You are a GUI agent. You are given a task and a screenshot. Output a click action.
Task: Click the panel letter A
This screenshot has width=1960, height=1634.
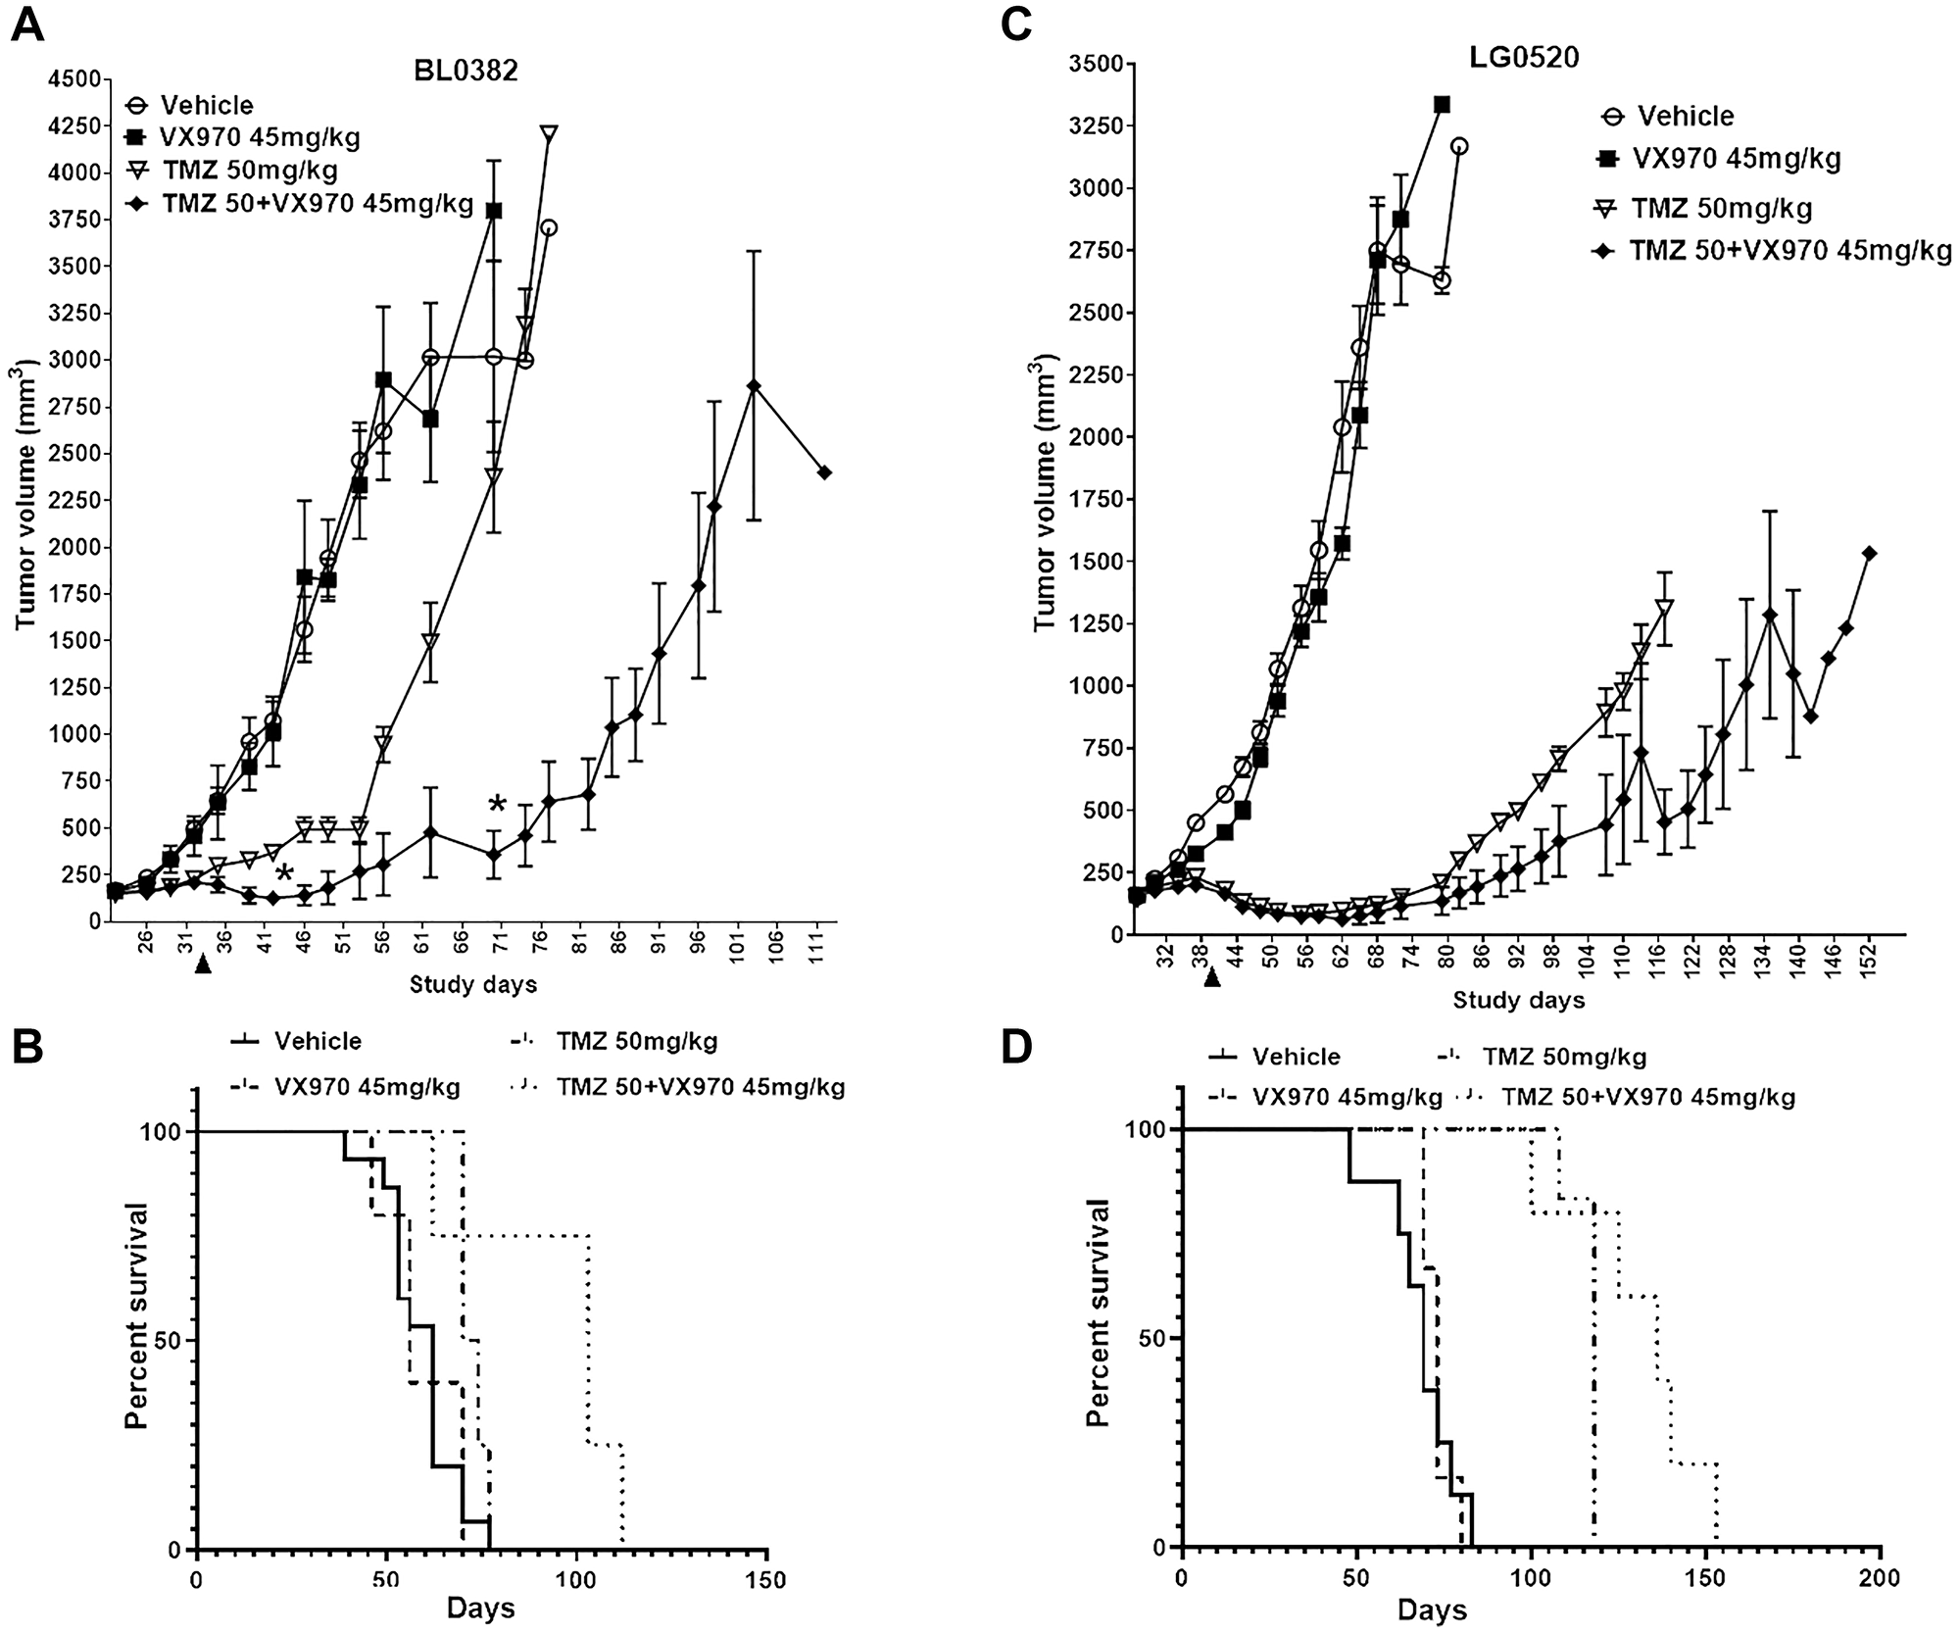tap(27, 24)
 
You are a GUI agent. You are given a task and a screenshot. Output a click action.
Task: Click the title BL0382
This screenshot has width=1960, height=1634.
tap(465, 72)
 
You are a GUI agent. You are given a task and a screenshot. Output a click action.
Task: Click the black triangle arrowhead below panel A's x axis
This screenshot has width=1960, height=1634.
tap(203, 966)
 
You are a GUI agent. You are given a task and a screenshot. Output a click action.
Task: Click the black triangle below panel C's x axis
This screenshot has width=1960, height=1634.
tap(1212, 978)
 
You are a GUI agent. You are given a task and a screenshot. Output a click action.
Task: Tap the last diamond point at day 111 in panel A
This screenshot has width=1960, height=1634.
tap(824, 472)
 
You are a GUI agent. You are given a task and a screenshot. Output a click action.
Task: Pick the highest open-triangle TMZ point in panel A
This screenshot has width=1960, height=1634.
tap(549, 132)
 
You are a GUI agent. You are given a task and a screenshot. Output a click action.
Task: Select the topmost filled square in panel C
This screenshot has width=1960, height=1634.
tap(1442, 104)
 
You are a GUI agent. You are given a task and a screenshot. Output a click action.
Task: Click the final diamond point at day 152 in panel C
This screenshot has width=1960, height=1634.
tap(1869, 554)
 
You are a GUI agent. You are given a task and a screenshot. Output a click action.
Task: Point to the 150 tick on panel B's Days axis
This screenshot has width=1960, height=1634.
tap(765, 1580)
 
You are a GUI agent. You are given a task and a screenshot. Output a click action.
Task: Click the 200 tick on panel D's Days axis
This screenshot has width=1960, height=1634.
tap(1880, 1578)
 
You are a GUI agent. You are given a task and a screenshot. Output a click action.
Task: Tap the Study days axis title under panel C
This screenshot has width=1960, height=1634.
tap(1518, 1000)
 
